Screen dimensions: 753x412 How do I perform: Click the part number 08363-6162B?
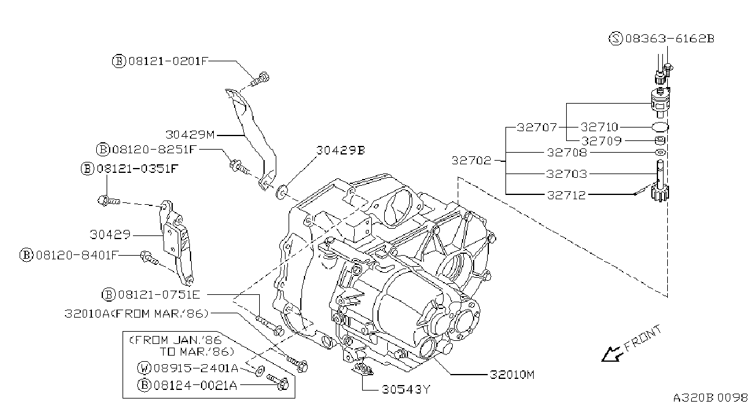pos(670,39)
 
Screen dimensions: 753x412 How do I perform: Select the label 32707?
pos(537,127)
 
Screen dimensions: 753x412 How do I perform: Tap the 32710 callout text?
pos(599,127)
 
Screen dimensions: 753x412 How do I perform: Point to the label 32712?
pos(566,195)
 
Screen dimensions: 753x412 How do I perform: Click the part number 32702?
pos(471,161)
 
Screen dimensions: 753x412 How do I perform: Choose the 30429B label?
pos(341,150)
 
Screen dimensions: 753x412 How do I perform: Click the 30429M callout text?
pos(190,135)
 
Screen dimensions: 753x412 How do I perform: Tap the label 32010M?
pos(512,375)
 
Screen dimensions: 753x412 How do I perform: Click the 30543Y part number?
pos(406,389)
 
